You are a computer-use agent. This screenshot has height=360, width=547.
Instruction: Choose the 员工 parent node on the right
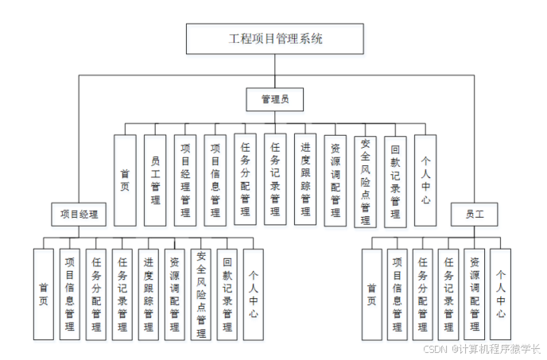click(475, 213)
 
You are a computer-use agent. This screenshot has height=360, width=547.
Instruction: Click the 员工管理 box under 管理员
click(155, 180)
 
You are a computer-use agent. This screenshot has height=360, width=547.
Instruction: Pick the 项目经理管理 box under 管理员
click(184, 180)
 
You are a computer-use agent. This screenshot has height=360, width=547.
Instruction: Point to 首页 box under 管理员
click(125, 180)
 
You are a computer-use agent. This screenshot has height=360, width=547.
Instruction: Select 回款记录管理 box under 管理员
click(395, 180)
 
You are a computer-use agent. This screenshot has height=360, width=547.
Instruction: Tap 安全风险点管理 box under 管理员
click(365, 181)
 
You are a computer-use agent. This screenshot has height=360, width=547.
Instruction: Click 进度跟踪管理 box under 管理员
click(305, 180)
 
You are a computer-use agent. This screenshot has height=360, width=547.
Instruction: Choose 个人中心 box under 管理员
click(425, 180)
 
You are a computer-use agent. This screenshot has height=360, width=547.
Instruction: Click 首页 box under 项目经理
click(44, 294)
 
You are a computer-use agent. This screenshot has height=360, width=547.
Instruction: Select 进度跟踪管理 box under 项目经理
click(149, 294)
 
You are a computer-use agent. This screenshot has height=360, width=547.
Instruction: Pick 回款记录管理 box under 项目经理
click(227, 294)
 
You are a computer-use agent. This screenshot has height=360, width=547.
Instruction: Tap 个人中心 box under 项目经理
click(253, 294)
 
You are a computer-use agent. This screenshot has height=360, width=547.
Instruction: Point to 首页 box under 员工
click(371, 294)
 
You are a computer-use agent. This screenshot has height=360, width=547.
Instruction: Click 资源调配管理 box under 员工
click(475, 294)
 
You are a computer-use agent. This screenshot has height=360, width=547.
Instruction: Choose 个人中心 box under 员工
click(500, 294)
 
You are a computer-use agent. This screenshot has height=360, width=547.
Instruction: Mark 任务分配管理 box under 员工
click(423, 294)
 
